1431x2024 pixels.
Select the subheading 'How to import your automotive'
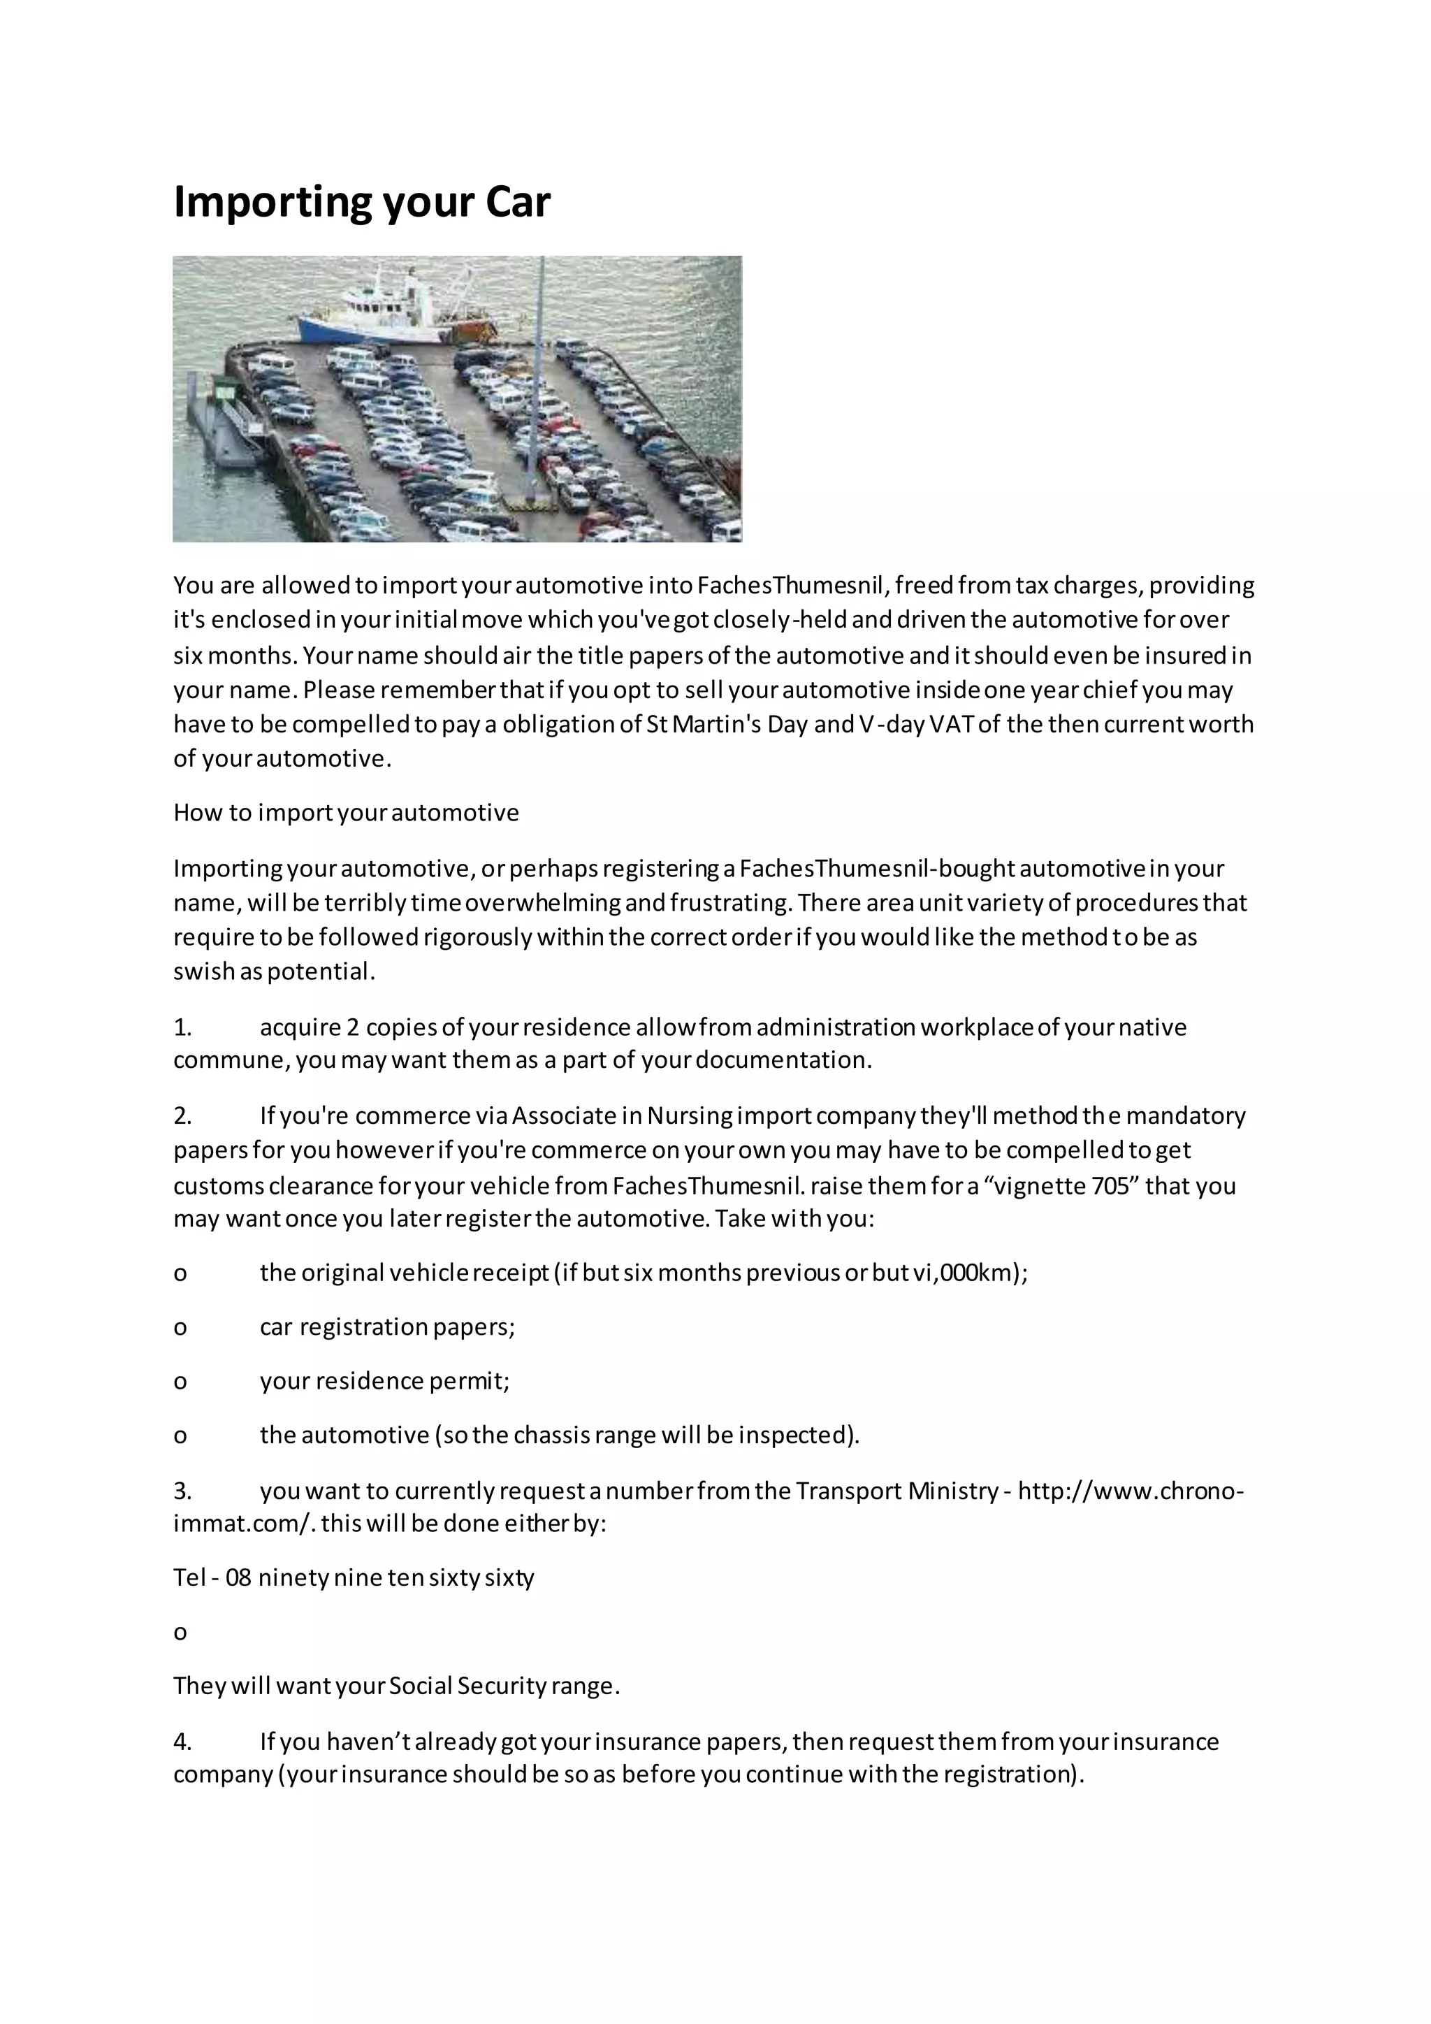(347, 813)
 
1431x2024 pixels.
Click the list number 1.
(182, 1028)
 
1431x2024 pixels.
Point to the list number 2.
(182, 1116)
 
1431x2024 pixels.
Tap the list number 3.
(182, 1491)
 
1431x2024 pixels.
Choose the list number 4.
(182, 1741)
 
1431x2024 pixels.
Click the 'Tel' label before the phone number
(189, 1577)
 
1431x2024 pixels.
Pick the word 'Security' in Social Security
(503, 1686)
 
